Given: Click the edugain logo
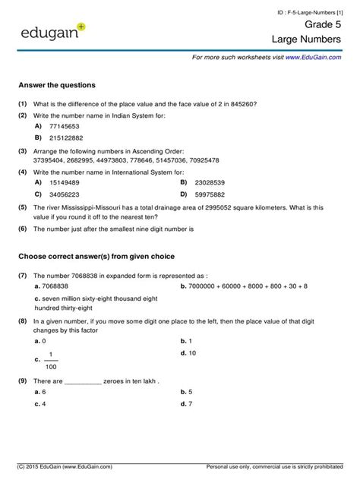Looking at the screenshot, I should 48,31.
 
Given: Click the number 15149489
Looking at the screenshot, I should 65,183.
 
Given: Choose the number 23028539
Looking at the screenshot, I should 210,183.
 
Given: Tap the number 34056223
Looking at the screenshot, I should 65,194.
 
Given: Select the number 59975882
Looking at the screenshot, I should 210,194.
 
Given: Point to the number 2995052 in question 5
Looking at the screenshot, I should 229,206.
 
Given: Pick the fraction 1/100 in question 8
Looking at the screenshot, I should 51,360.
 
